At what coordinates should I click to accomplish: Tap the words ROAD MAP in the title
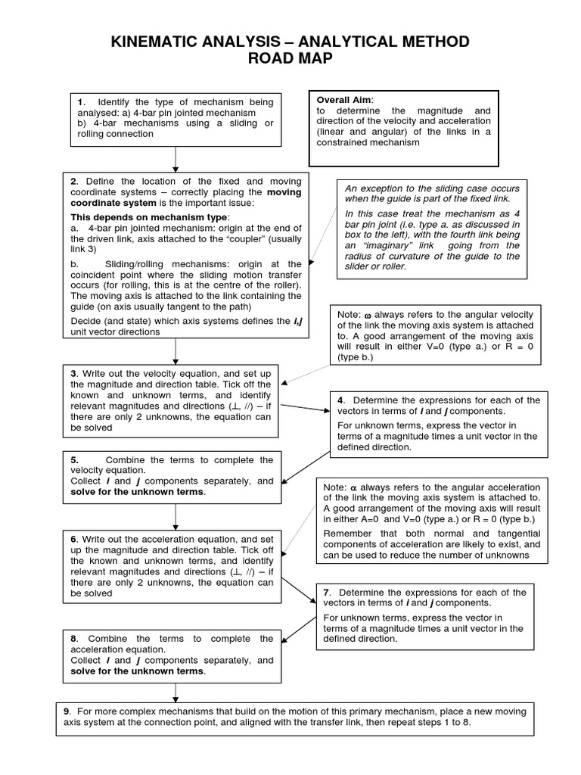pos(290,60)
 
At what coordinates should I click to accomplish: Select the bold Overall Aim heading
pos(344,100)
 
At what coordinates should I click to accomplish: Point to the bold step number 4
pos(341,400)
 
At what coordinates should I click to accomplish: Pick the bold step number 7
pos(326,592)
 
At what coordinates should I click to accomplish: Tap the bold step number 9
pos(67,711)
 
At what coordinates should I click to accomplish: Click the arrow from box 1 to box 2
pos(176,158)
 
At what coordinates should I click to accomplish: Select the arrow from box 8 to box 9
pos(176,691)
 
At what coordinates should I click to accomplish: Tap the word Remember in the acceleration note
pos(349,534)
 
